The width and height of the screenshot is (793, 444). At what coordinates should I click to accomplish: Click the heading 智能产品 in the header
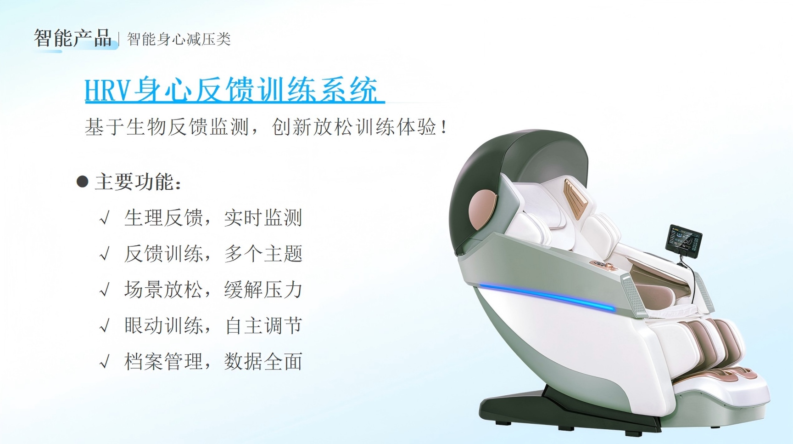click(x=73, y=38)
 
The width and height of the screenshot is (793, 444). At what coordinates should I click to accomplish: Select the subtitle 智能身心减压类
click(x=179, y=39)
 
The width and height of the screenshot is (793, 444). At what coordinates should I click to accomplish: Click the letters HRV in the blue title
click(x=108, y=90)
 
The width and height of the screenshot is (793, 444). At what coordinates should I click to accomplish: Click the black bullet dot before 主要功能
click(x=82, y=182)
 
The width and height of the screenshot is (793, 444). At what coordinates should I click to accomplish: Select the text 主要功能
click(x=134, y=182)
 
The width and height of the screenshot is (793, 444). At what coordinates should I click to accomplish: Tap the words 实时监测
click(x=263, y=218)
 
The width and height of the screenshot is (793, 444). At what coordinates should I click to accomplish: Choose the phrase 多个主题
click(x=263, y=254)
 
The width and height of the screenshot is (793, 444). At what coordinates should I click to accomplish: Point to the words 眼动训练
click(x=163, y=326)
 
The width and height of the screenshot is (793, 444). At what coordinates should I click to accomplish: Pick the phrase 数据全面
click(x=263, y=362)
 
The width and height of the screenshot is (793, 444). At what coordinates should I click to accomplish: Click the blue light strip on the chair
click(x=547, y=297)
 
